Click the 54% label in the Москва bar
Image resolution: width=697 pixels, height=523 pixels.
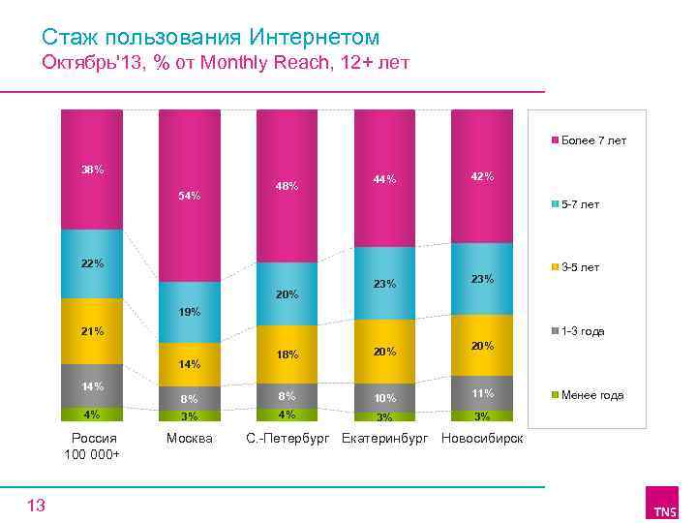click(190, 197)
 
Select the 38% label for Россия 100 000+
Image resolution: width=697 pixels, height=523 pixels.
click(93, 170)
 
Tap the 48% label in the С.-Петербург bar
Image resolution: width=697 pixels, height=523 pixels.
click(287, 186)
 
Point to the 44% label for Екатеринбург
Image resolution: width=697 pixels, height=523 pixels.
click(384, 179)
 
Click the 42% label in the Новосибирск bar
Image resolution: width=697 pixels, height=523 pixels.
click(482, 177)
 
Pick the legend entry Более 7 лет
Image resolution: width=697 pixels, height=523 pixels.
click(592, 140)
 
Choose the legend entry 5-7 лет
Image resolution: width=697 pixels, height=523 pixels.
click(580, 204)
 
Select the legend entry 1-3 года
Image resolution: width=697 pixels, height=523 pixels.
click(582, 331)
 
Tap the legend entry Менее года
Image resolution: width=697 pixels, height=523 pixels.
click(591, 395)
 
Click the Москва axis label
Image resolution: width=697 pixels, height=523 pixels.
click(189, 439)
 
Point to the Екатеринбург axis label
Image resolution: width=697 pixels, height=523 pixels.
click(384, 439)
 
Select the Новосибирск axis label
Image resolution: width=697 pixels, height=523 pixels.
click(482, 439)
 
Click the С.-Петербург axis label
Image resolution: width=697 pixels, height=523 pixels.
click(287, 439)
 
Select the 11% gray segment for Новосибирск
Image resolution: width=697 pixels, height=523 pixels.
click(482, 392)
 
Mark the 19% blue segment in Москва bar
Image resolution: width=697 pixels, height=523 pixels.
click(190, 312)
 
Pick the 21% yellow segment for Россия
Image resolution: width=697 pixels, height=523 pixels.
click(92, 331)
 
